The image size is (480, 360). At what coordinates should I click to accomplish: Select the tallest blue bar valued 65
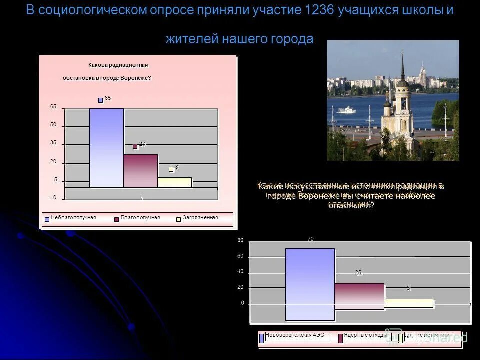(106, 148)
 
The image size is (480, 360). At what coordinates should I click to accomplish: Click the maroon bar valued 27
(140, 171)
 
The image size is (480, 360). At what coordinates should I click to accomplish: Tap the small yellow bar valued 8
(174, 182)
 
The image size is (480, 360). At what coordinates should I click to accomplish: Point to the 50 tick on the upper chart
(53, 125)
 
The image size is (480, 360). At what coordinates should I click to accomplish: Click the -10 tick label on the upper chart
(52, 198)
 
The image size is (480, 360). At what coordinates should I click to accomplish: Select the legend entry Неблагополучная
(72, 218)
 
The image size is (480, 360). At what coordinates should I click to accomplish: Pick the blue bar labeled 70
(310, 284)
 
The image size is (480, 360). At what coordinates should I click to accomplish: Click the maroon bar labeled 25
(359, 296)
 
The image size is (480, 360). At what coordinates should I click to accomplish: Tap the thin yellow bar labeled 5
(408, 303)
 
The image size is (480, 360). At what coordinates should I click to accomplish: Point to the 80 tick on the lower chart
(240, 241)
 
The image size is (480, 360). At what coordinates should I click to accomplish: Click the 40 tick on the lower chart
(240, 272)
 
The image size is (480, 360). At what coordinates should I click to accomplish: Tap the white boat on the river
(346, 110)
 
